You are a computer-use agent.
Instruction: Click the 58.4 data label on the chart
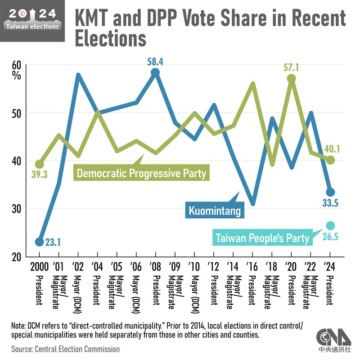pyautogui.click(x=155, y=60)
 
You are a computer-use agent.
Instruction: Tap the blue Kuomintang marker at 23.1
pyautogui.click(x=40, y=242)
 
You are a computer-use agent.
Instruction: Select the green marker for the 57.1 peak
pyautogui.click(x=292, y=78)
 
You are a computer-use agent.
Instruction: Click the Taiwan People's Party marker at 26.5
pyautogui.click(x=330, y=225)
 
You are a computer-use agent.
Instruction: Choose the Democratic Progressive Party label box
pyautogui.click(x=141, y=173)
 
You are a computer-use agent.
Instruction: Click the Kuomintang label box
pyautogui.click(x=215, y=210)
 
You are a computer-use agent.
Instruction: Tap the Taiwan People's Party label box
pyautogui.click(x=263, y=238)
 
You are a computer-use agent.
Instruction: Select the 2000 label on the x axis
pyautogui.click(x=39, y=266)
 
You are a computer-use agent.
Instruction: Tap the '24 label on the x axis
pyautogui.click(x=330, y=266)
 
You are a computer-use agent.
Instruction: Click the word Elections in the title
pyautogui.click(x=110, y=39)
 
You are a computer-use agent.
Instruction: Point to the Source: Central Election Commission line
pyautogui.click(x=66, y=349)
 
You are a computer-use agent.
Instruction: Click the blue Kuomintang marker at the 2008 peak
pyautogui.click(x=155, y=72)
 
